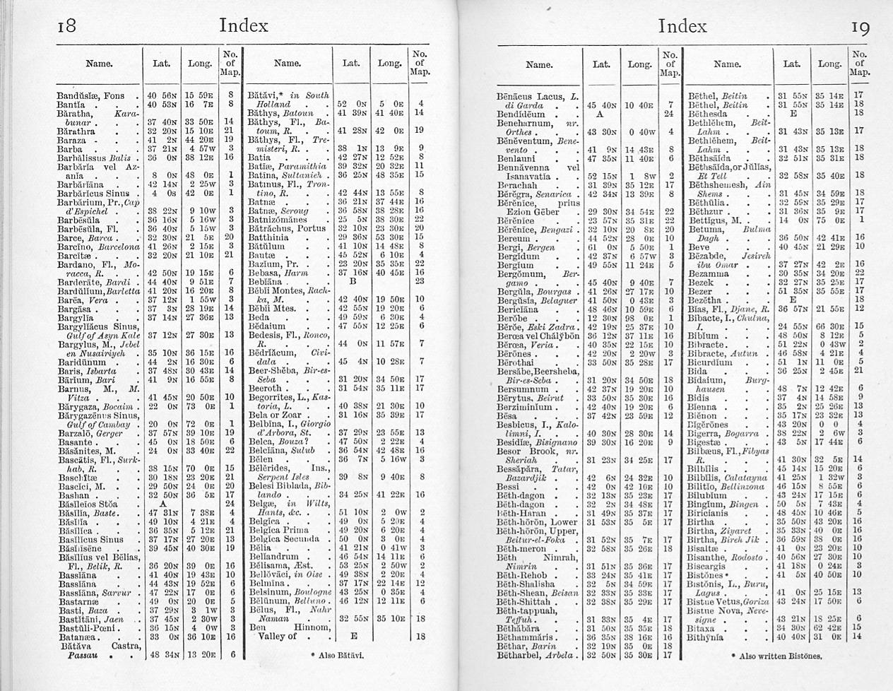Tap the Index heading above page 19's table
point(682,27)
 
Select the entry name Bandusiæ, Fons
point(90,95)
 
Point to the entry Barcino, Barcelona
point(97,246)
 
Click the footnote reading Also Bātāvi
point(333,655)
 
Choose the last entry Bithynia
point(706,636)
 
